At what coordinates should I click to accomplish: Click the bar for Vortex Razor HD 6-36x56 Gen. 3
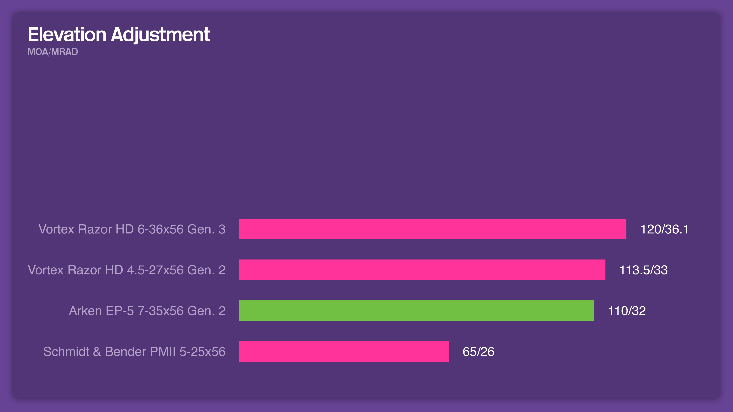pos(433,229)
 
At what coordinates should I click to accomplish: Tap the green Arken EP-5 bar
pos(416,311)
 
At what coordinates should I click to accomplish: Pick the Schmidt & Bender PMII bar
pos(344,351)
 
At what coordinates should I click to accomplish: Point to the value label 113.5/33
pos(643,270)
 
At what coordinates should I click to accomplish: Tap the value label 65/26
pos(478,352)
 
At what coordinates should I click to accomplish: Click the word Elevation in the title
pos(67,35)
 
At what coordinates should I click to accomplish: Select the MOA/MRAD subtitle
pos(53,52)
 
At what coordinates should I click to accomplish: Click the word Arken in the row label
pos(85,311)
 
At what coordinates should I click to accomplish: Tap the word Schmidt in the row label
pos(66,352)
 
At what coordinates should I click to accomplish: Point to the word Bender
pos(125,352)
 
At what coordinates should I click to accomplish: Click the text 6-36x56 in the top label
pos(161,229)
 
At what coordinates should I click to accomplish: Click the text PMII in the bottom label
pos(163,352)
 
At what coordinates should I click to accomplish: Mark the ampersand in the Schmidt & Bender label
pos(97,352)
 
